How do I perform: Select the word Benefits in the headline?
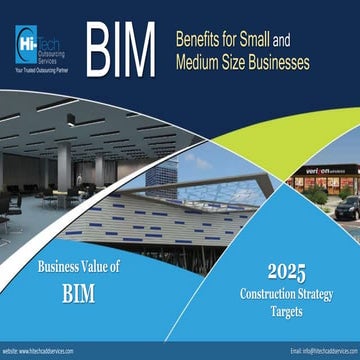200,42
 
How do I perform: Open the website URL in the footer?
47,352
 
